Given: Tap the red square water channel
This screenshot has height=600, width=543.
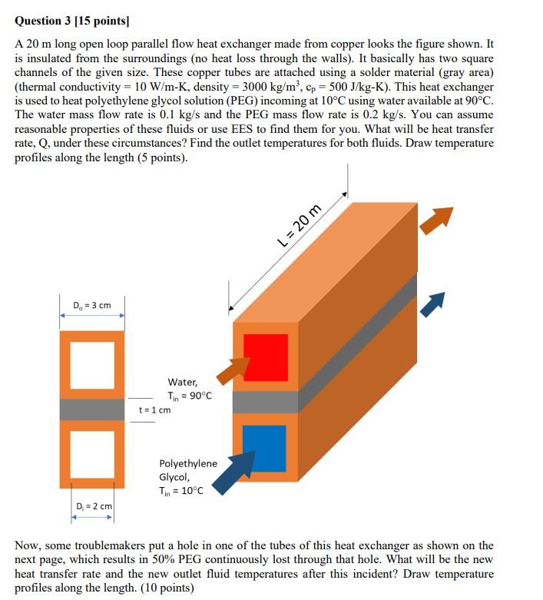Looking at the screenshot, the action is pos(266,357).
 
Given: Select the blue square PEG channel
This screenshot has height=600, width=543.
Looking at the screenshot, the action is pos(263,448).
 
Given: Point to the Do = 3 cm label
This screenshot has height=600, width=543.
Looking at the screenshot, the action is pos(92,306).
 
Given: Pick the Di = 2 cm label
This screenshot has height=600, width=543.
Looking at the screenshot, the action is pos(94,506).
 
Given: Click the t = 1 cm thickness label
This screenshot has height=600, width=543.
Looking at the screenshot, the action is pos(154,409).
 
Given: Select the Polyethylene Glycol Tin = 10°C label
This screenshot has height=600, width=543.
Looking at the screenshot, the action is pos(187,477).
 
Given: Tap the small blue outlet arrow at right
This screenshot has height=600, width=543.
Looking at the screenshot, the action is pos(434,303).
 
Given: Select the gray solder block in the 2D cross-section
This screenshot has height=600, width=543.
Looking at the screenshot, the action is pos(92,409).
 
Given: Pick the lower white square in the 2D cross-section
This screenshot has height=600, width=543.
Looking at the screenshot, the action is pos(92,453).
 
